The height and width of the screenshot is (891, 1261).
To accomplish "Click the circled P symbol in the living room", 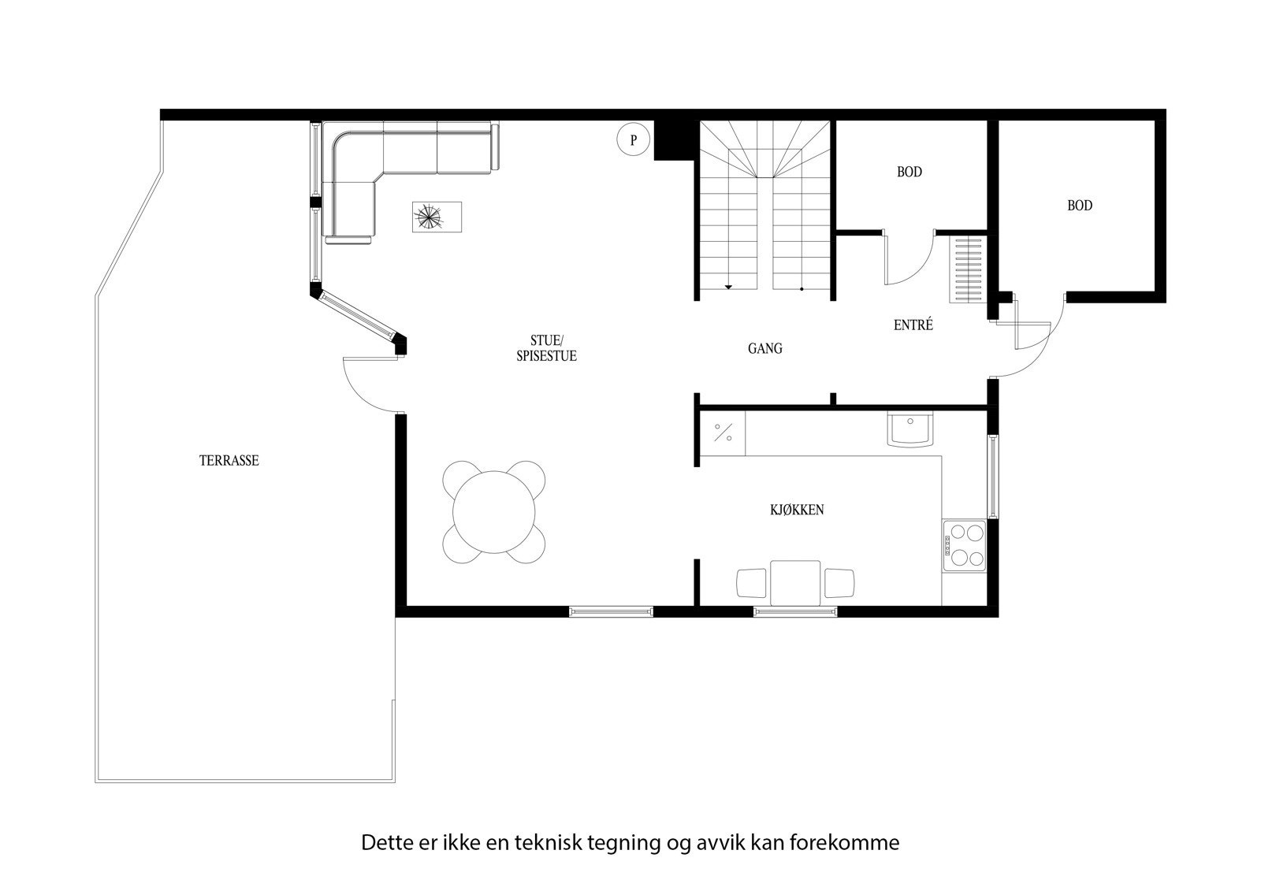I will pos(633,140).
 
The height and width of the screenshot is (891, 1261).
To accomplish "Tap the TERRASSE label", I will pos(229,461).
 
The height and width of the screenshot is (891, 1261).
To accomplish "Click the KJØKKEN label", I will pos(797,510).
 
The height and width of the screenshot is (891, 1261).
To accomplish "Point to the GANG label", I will pos(764,348).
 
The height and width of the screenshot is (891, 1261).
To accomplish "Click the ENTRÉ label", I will pos(913,325).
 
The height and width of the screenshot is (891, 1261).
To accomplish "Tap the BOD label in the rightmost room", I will pos(1079,206).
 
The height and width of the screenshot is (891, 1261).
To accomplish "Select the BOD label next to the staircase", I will pos(909,172).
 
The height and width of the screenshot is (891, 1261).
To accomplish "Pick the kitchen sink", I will pos(910,430).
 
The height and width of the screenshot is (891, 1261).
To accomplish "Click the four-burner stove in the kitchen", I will pos(964,545).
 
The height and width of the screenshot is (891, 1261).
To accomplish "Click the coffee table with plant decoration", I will pos(436,217).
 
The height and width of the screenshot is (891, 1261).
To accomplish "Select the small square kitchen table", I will pos(794,583).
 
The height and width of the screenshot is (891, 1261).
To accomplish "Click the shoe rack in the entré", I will pos(967,268).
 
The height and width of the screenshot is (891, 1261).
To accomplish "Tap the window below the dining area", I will pos(611,611).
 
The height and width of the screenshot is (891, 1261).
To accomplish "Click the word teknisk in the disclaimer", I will pos(549,842).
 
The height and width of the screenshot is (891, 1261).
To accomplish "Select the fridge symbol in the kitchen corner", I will pos(723,433).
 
